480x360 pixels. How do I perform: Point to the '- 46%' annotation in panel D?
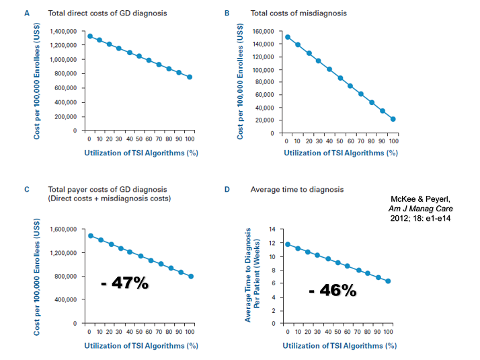click(x=332, y=291)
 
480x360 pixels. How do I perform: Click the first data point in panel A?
click(x=89, y=36)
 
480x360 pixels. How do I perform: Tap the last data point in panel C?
click(x=192, y=277)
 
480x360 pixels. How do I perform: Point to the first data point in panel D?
click(x=288, y=244)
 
